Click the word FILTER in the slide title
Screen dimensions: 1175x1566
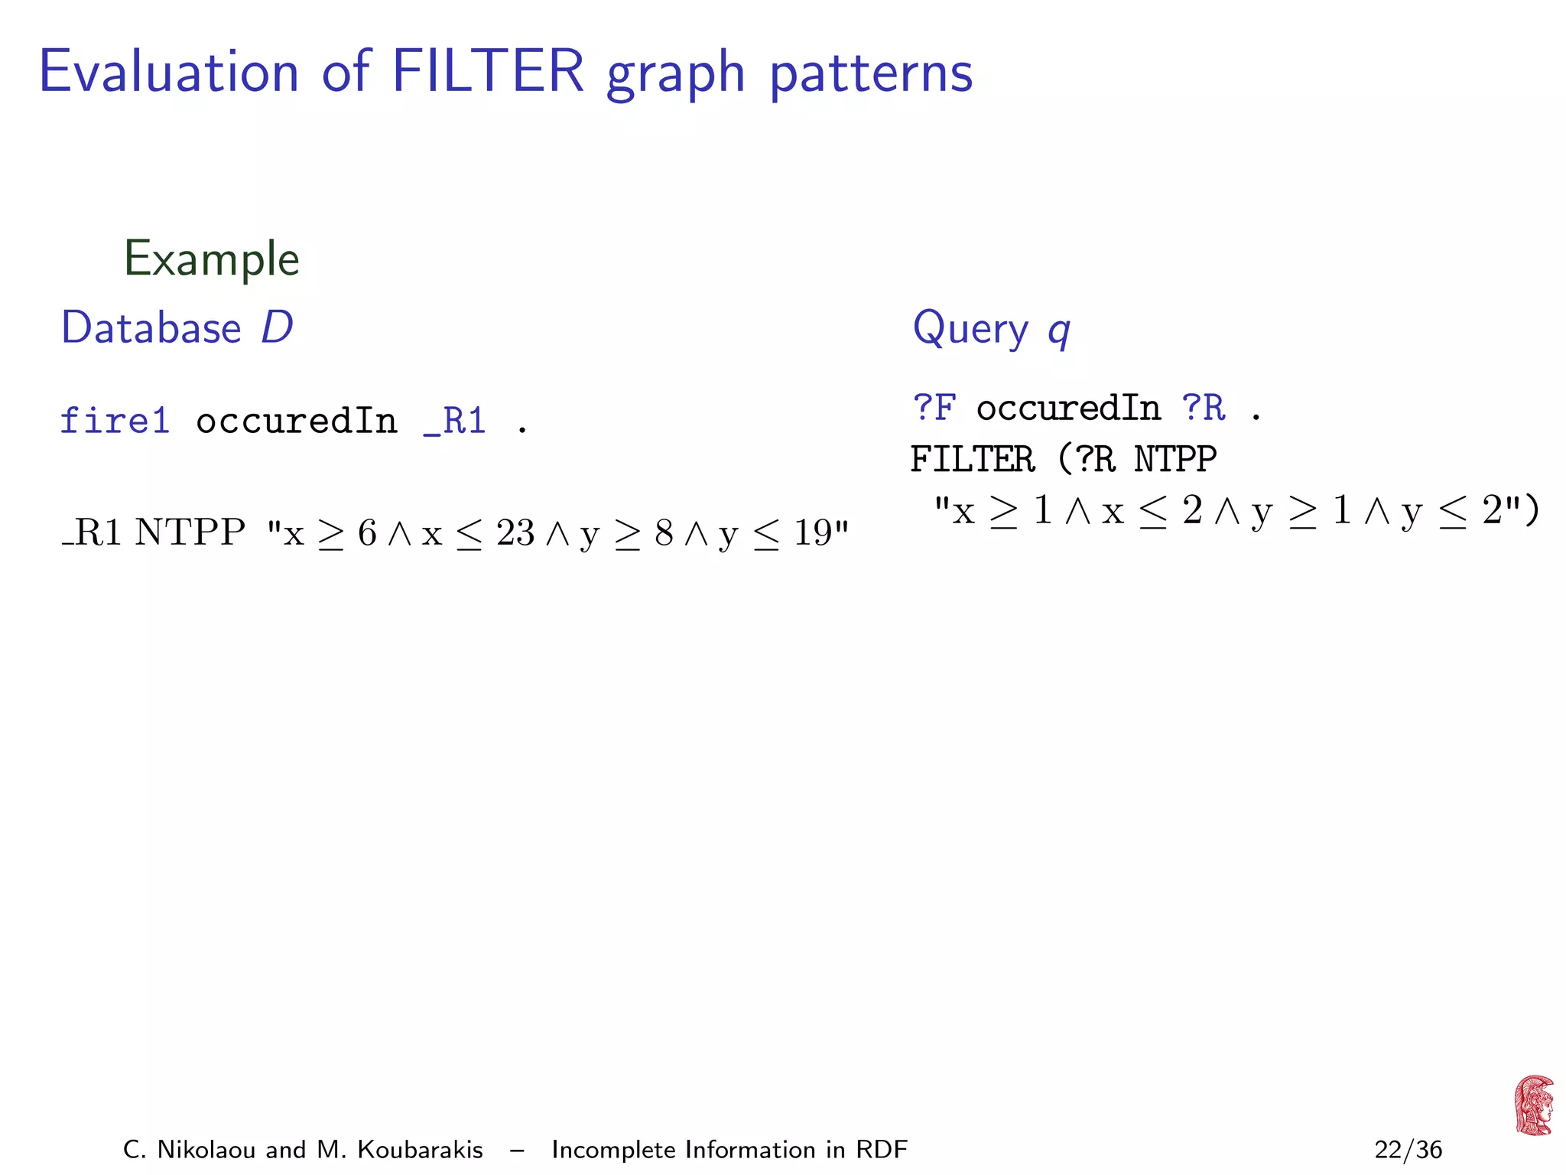pyautogui.click(x=488, y=72)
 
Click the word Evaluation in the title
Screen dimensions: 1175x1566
pyautogui.click(x=169, y=72)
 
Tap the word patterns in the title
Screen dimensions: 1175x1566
pyautogui.click(x=871, y=75)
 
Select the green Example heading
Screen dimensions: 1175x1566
pyautogui.click(x=212, y=259)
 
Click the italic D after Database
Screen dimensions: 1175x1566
pyautogui.click(x=277, y=328)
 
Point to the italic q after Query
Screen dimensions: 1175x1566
pyautogui.click(x=1059, y=332)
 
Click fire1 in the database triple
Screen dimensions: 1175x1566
pyautogui.click(x=115, y=422)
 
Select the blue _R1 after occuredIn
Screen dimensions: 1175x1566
pyautogui.click(x=455, y=422)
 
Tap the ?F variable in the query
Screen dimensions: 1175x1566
pyautogui.click(x=934, y=408)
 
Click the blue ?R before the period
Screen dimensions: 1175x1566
pyautogui.click(x=1204, y=408)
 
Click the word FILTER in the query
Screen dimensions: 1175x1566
pyautogui.click(x=973, y=460)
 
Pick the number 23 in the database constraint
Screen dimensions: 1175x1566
pyautogui.click(x=515, y=533)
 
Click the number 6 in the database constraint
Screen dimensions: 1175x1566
pyautogui.click(x=367, y=533)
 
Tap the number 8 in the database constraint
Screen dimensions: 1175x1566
pyautogui.click(x=664, y=533)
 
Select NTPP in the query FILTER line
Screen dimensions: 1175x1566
pyautogui.click(x=1175, y=460)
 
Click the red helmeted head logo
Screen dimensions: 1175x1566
pyautogui.click(x=1534, y=1105)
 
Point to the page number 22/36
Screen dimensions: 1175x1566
pyautogui.click(x=1408, y=1150)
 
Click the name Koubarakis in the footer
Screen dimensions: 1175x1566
pyautogui.click(x=420, y=1150)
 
